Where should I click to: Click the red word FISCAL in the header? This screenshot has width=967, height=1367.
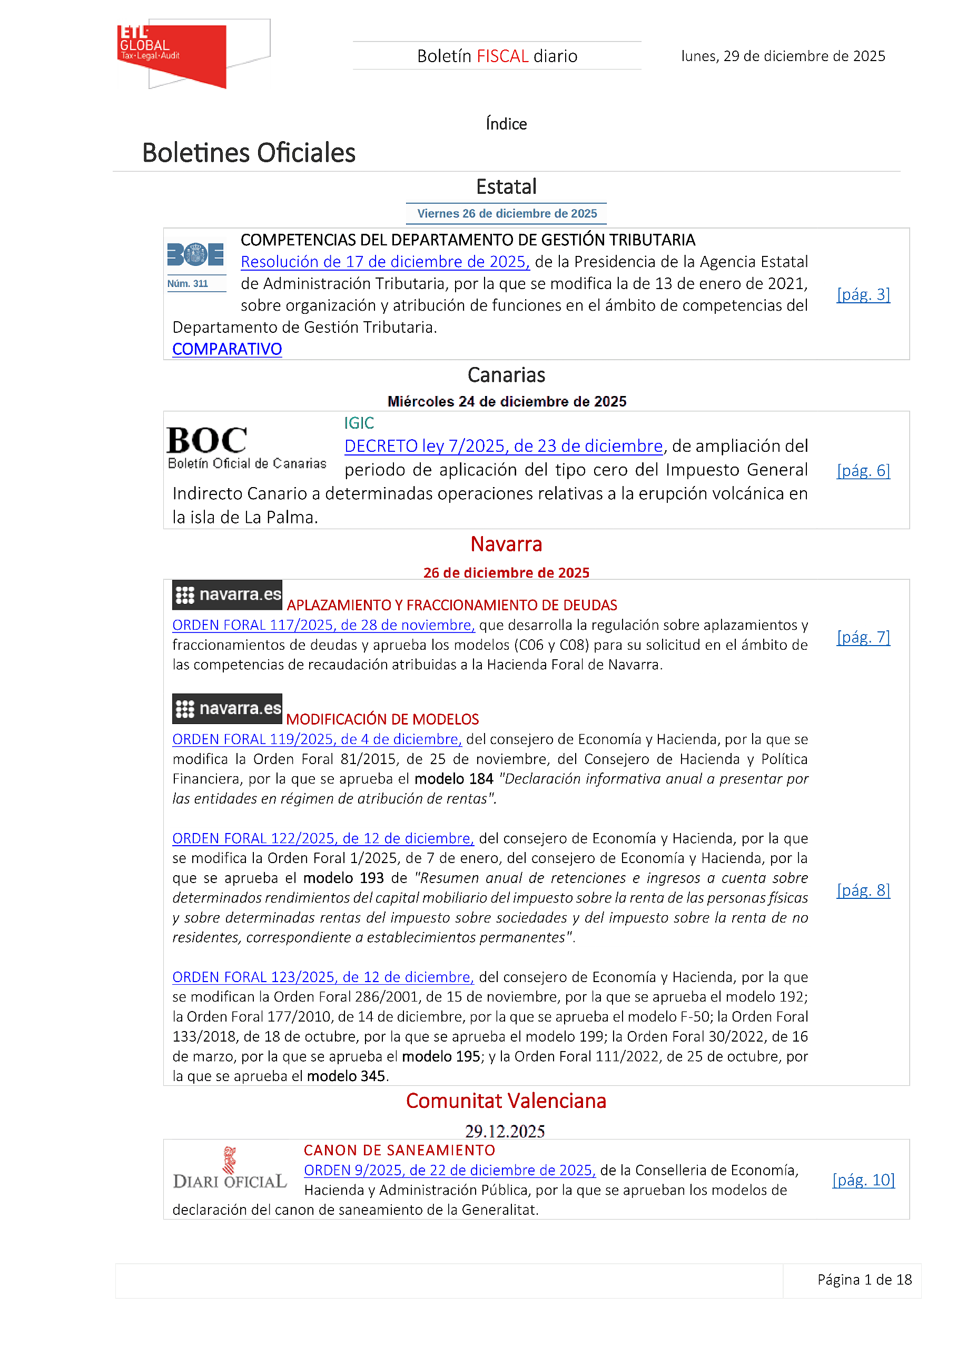(502, 56)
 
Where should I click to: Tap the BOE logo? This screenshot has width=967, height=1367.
(195, 255)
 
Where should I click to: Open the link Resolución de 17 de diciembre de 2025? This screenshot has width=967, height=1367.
(384, 262)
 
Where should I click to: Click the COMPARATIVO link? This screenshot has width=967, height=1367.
(227, 350)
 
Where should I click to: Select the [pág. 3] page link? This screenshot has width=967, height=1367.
(863, 295)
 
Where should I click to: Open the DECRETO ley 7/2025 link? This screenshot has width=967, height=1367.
(503, 447)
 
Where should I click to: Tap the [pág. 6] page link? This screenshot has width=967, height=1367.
(863, 471)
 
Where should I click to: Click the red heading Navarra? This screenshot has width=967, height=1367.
(506, 544)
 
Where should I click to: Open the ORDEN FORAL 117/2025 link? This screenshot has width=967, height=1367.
(323, 625)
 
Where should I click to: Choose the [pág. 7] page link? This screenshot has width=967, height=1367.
(863, 638)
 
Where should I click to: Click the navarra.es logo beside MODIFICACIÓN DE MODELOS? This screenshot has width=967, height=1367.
(227, 708)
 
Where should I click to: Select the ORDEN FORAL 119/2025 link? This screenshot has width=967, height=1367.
(317, 739)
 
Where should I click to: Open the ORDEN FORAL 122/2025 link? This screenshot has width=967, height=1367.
(323, 838)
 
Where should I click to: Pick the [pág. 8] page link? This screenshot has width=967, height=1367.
(863, 890)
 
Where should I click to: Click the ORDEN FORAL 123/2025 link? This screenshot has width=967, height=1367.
(323, 977)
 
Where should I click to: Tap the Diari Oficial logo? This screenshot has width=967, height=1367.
(230, 1170)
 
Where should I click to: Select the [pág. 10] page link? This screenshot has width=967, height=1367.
(863, 1180)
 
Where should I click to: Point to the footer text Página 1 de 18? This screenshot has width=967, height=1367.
(864, 1280)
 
